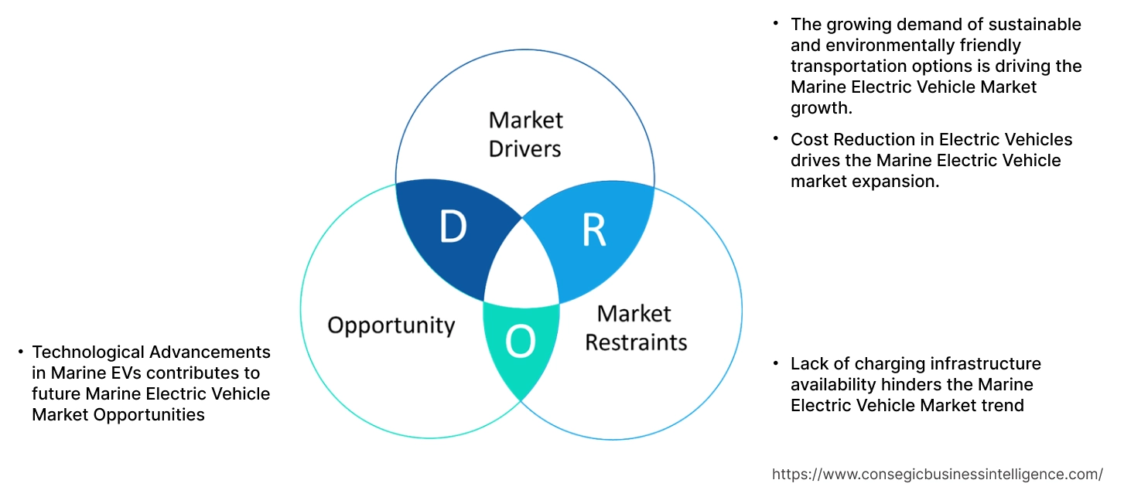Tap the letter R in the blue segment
(x=593, y=230)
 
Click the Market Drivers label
(x=525, y=134)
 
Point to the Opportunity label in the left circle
(x=391, y=325)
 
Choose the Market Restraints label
(x=635, y=328)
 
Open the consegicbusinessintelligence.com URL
(x=938, y=474)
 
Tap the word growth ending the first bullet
(x=821, y=108)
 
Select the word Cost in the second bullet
(x=808, y=140)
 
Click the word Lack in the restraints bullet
(x=809, y=363)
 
